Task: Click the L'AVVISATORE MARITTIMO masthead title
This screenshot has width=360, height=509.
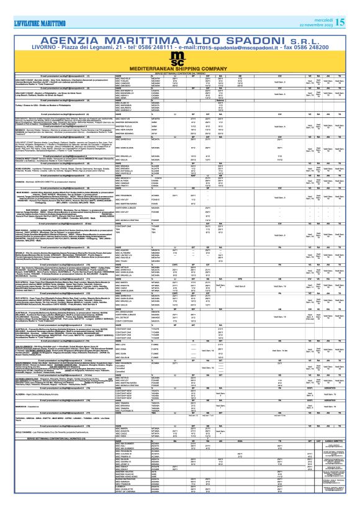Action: (38, 6)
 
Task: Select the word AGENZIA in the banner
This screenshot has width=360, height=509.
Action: (72, 23)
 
